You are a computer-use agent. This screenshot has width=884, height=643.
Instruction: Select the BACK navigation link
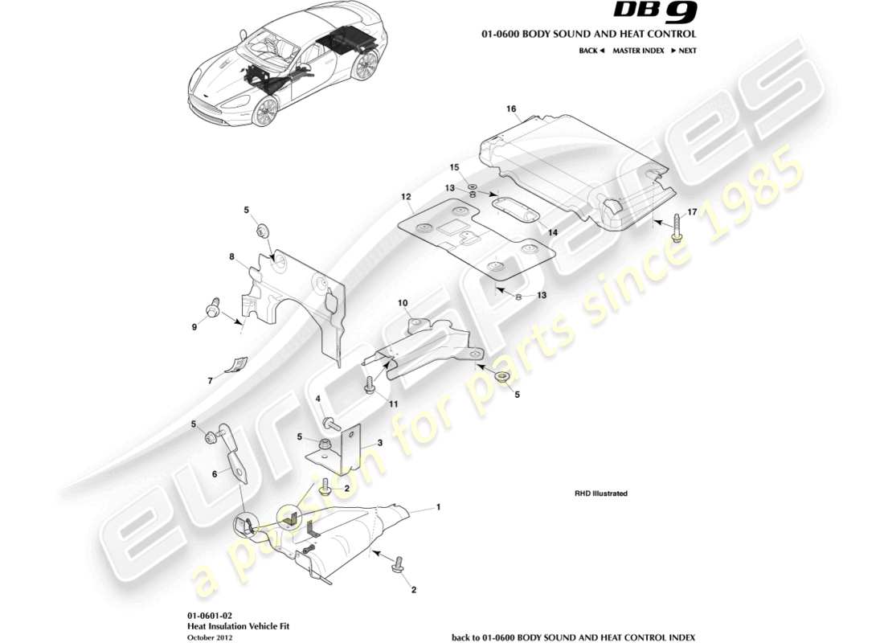591,51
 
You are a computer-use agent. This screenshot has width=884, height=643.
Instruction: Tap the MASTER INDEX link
638,51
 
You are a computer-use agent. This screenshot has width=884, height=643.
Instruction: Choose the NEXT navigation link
684,51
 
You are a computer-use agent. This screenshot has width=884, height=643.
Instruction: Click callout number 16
510,109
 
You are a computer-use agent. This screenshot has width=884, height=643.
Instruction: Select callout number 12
406,197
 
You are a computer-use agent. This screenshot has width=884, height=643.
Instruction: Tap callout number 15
453,167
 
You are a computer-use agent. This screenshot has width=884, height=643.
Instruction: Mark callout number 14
553,231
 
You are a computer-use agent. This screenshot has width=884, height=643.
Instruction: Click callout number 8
231,257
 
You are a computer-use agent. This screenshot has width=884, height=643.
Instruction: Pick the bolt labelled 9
214,308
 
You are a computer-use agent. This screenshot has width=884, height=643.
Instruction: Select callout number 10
403,303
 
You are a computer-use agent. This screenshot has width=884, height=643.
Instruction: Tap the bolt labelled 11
370,387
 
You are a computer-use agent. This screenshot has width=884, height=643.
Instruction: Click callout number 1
438,507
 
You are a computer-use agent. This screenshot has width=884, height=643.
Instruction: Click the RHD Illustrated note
600,494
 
